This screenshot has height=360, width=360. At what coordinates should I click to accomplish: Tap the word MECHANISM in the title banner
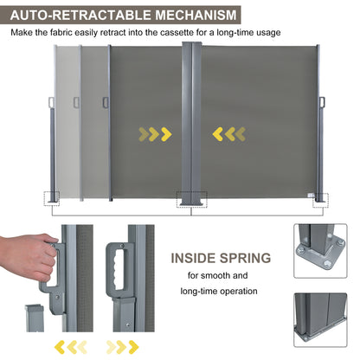182,15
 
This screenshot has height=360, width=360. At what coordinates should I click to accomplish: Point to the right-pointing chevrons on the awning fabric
156,133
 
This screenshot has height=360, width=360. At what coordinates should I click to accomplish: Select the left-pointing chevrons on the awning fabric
229,133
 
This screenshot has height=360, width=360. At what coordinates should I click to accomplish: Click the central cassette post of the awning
192,121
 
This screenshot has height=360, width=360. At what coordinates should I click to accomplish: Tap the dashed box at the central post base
192,198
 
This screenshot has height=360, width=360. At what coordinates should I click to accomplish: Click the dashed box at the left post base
54,197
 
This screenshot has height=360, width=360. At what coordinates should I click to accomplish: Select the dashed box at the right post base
322,197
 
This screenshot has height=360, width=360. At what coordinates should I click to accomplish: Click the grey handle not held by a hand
115,265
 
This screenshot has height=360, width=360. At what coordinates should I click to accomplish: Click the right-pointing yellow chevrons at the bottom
122,346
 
